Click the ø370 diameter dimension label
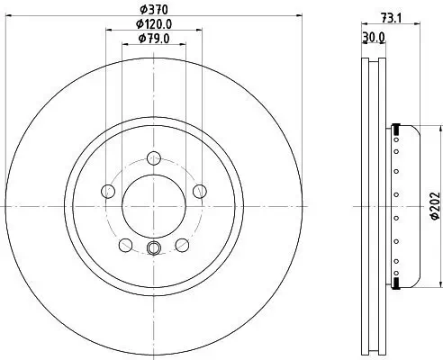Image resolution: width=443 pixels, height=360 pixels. click(153, 10)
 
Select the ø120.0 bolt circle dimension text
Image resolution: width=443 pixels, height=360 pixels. click(153, 24)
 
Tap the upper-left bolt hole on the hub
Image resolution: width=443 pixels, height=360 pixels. click(109, 190)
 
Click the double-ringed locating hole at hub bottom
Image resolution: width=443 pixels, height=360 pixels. click(154, 249)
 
